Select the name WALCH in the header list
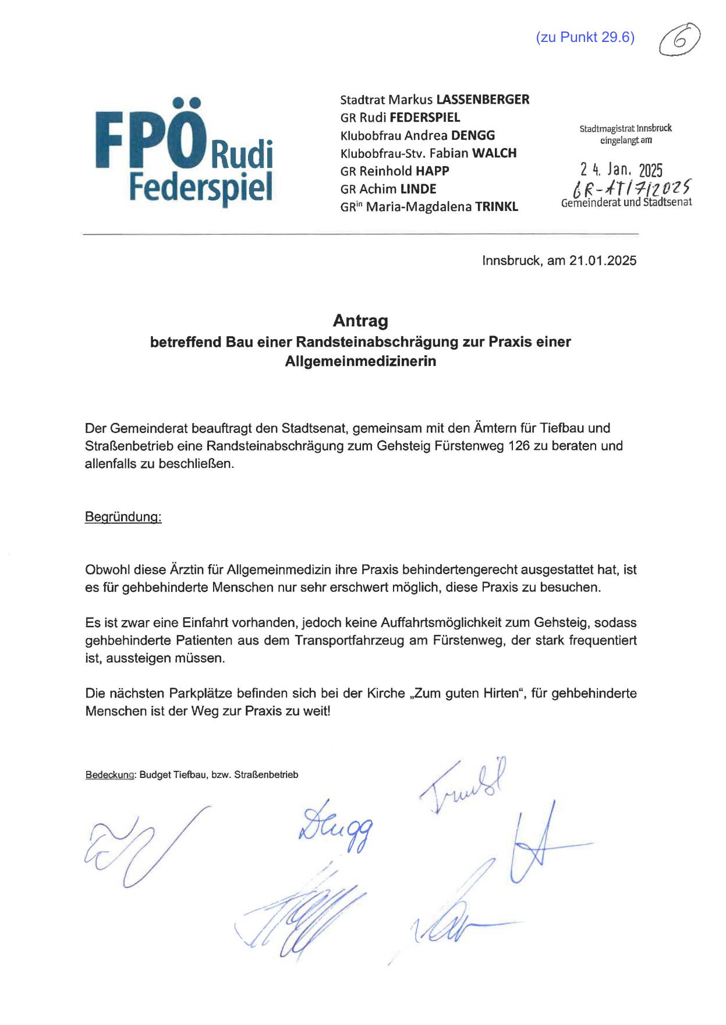(494, 153)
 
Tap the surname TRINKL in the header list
(497, 207)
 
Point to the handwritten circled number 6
(679, 40)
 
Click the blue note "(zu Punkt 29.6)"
(585, 38)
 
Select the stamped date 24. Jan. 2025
(621, 170)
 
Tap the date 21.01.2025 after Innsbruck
(603, 260)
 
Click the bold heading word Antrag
(360, 320)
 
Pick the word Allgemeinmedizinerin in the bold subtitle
(360, 361)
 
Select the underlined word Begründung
(123, 517)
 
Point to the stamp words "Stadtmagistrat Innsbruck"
(625, 129)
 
